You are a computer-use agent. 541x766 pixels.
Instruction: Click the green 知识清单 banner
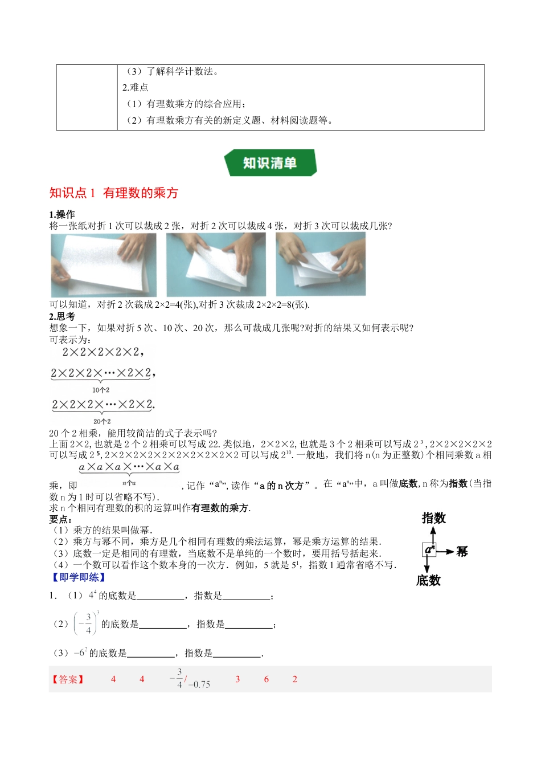(x=270, y=163)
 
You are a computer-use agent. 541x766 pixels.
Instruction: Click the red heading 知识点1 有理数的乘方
(x=114, y=193)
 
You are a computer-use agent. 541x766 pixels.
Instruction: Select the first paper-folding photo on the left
(x=103, y=264)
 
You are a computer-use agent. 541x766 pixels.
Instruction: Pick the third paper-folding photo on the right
(x=321, y=264)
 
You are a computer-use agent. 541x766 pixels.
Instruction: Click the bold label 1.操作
(x=62, y=214)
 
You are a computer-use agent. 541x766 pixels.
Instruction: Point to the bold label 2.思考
(x=62, y=316)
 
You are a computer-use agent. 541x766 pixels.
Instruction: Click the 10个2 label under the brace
(x=101, y=390)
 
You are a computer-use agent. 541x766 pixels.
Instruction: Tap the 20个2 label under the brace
(x=102, y=421)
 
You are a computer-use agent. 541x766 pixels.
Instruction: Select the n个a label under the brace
(x=129, y=483)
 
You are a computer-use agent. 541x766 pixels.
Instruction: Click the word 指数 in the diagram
(x=433, y=518)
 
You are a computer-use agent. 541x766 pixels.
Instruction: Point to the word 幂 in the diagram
(x=462, y=551)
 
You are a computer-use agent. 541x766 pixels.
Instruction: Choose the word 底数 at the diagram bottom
(x=428, y=581)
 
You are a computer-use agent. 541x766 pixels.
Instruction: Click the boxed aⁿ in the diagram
(x=429, y=550)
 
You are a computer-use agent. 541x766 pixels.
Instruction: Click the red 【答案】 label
(x=68, y=679)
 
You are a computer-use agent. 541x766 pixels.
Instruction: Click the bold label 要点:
(x=60, y=519)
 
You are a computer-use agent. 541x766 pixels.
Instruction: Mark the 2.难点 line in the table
(x=136, y=87)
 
